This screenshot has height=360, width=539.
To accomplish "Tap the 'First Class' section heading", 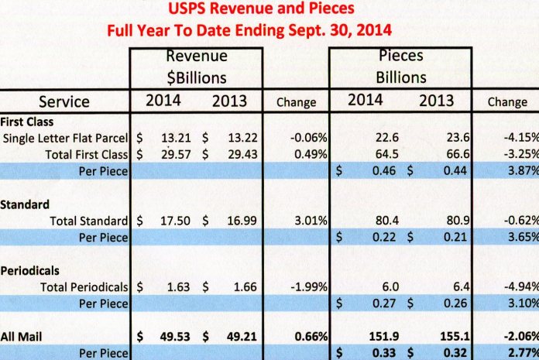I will click(26, 122).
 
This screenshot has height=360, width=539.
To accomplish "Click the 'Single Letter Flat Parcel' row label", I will click(66, 138).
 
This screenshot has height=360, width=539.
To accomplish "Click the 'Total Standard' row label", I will click(89, 221).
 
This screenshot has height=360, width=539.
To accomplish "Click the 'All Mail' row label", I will click(23, 337).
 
